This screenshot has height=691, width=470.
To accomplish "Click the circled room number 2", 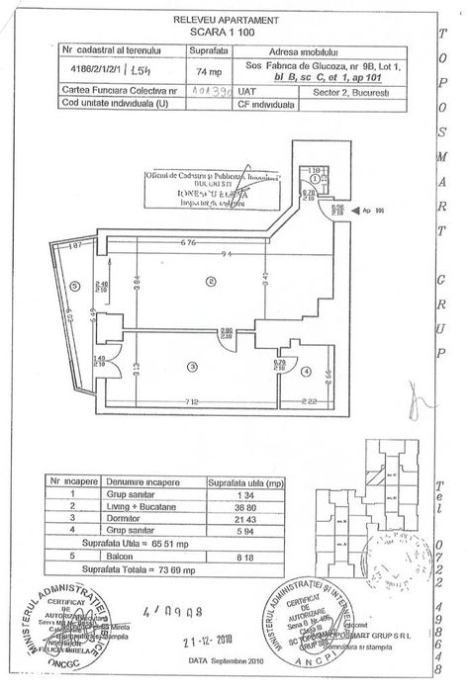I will click(210, 282).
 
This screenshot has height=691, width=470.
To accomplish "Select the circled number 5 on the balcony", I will click(74, 289).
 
